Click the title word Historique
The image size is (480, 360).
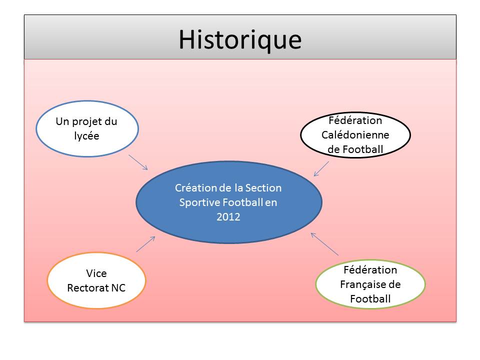(240, 40)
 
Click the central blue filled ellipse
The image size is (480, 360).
(229, 202)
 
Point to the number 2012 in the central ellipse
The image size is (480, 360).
(228, 216)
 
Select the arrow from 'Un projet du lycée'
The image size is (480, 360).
(138, 162)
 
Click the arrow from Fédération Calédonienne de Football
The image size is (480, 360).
(321, 169)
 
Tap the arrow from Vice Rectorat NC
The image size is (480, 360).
(145, 244)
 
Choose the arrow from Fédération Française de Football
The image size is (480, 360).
(324, 244)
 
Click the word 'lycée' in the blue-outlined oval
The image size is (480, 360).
(86, 136)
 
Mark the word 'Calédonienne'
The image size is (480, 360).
(355, 134)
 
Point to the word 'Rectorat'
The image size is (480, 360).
(88, 288)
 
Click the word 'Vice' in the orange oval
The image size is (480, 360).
(96, 273)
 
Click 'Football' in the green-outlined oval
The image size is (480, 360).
(370, 299)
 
